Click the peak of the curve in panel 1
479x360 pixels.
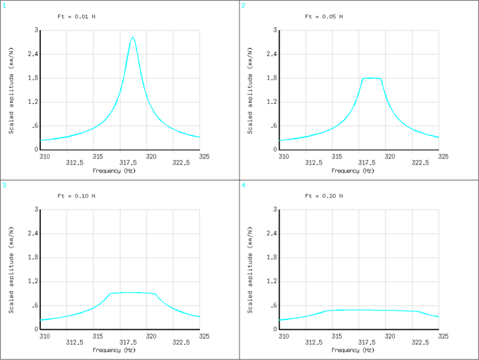[132, 37]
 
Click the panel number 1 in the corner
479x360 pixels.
[4, 5]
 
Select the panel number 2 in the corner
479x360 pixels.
[244, 5]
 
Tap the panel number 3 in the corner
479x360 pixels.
[4, 185]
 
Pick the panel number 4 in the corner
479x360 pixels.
[244, 185]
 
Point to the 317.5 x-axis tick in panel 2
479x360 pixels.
[367, 163]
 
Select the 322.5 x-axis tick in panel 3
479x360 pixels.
[181, 342]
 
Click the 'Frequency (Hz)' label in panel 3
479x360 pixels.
[114, 350]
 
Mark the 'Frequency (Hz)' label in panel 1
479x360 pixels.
[114, 171]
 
